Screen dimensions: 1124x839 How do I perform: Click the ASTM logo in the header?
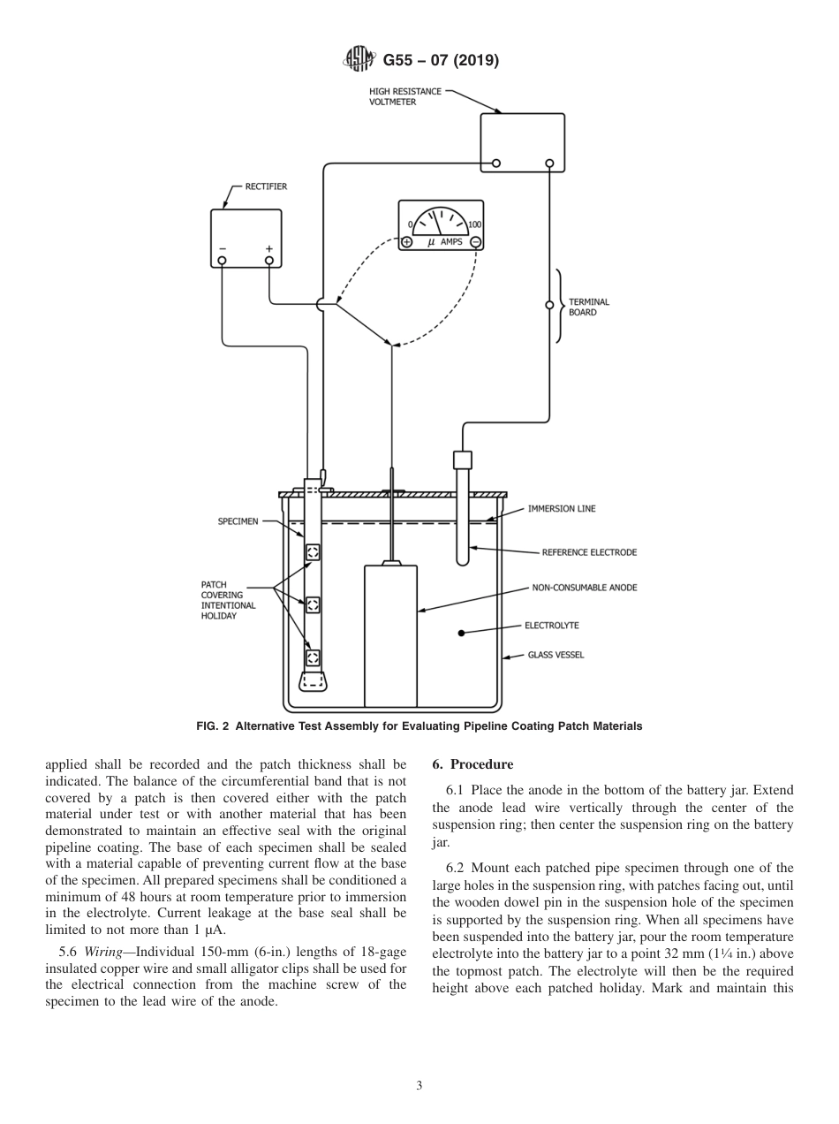[x=359, y=61]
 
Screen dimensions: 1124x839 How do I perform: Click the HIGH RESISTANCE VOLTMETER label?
[x=404, y=96]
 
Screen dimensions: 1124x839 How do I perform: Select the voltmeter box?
[x=521, y=141]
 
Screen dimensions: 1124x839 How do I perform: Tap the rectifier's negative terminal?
[x=222, y=260]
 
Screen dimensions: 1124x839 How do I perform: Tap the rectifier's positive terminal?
[x=269, y=260]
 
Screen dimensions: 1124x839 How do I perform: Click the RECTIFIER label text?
[x=265, y=186]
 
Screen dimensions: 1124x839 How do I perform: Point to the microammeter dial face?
[x=441, y=221]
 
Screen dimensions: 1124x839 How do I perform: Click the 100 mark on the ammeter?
[x=474, y=224]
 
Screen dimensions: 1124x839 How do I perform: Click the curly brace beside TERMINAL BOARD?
[x=560, y=306]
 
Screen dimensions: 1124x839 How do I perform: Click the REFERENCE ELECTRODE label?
[x=588, y=552]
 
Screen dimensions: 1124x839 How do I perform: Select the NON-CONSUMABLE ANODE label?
[x=584, y=587]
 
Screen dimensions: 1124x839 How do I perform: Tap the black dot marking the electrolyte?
[x=461, y=633]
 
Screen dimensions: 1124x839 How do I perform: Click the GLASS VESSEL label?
[x=556, y=655]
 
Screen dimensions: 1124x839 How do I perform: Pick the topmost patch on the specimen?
[x=313, y=552]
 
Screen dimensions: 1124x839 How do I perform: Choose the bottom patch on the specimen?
[x=313, y=657]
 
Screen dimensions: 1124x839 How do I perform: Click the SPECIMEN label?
[x=238, y=521]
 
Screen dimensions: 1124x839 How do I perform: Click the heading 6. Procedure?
[x=472, y=764]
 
